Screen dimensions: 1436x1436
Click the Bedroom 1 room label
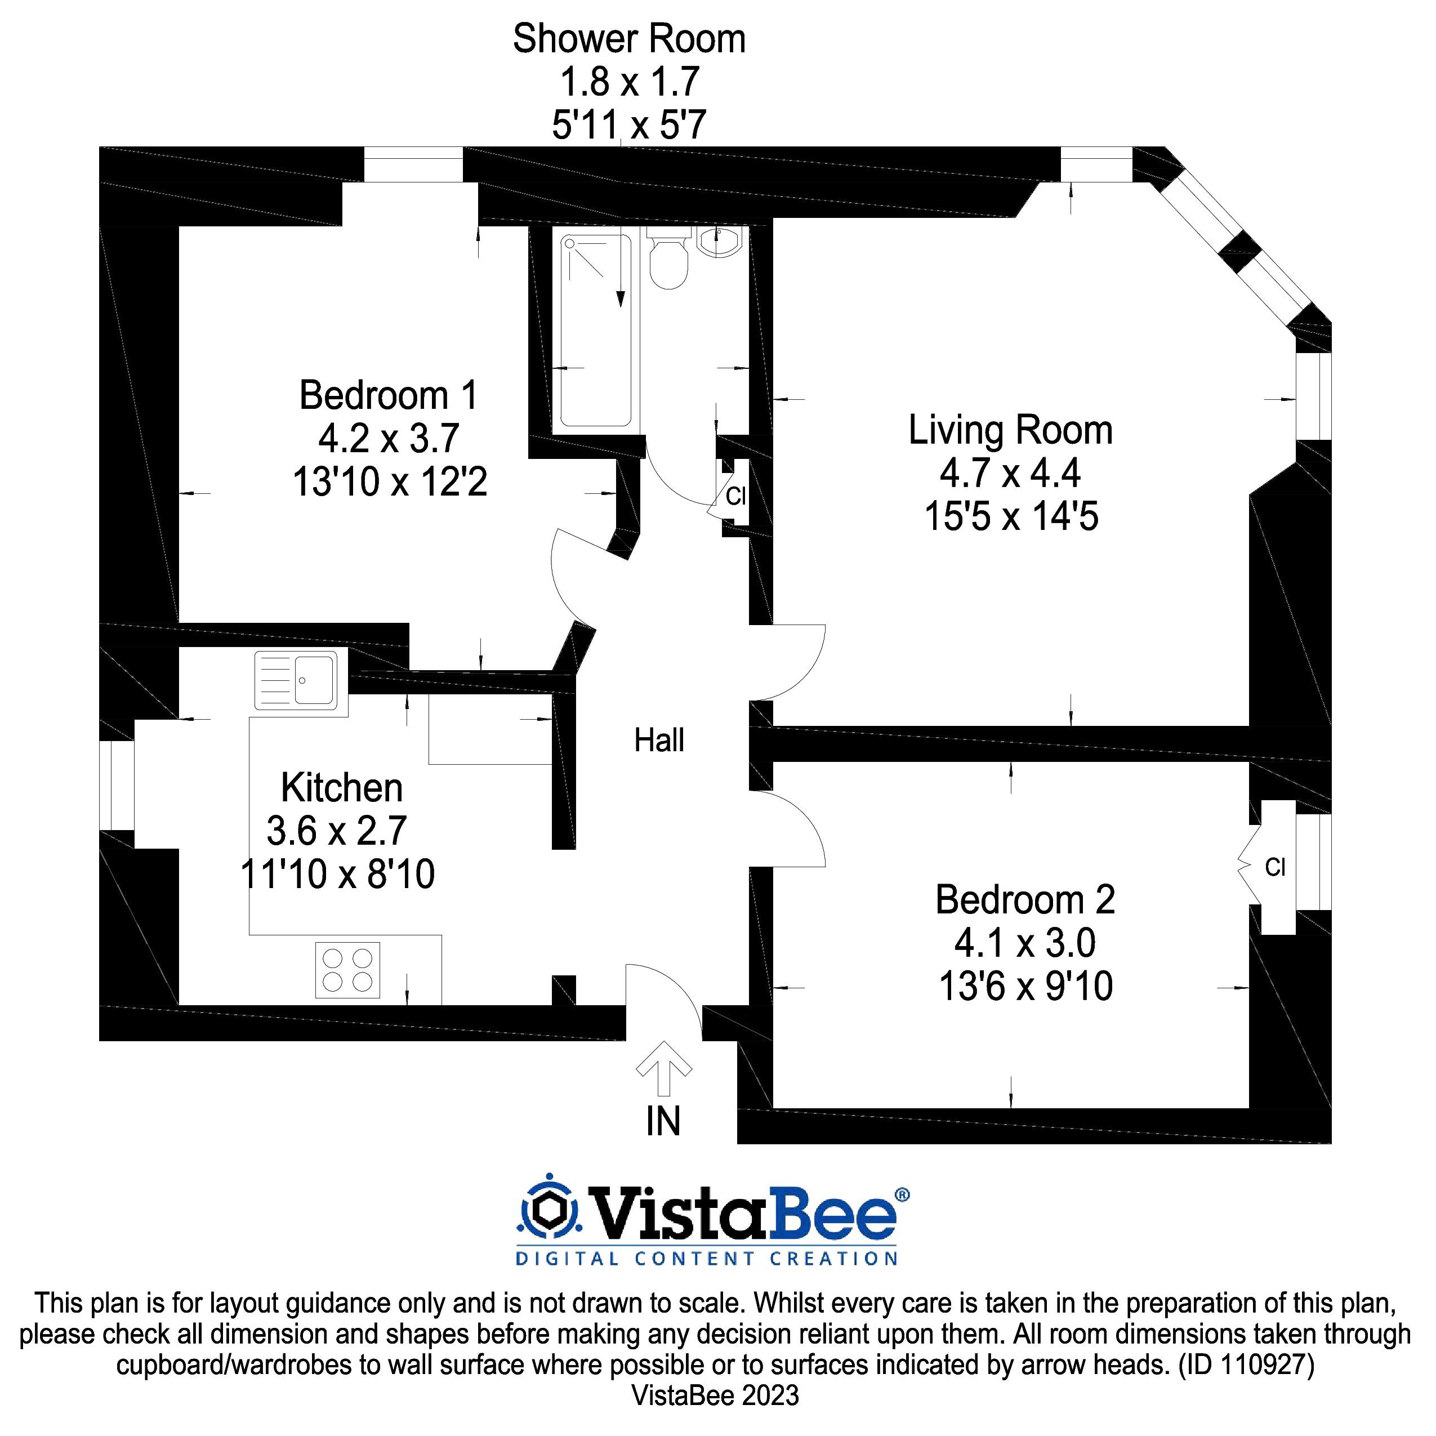pyautogui.click(x=388, y=395)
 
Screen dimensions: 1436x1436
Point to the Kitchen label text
pyautogui.click(x=341, y=788)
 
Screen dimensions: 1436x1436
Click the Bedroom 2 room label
pyautogui.click(x=1025, y=900)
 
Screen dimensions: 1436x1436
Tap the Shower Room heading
pyautogui.click(x=629, y=39)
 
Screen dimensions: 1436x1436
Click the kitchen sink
pyautogui.click(x=300, y=680)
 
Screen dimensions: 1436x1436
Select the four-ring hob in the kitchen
pyautogui.click(x=347, y=970)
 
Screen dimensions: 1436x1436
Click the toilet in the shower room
pyautogui.click(x=668, y=260)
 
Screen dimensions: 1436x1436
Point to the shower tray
pyautogui.click(x=596, y=331)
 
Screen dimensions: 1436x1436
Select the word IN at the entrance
pyautogui.click(x=663, y=1122)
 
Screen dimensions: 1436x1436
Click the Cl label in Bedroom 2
pyautogui.click(x=1275, y=867)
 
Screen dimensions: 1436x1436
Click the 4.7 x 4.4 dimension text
pyautogui.click(x=1010, y=474)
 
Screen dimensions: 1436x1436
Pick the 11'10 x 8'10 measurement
pyautogui.click(x=338, y=875)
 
